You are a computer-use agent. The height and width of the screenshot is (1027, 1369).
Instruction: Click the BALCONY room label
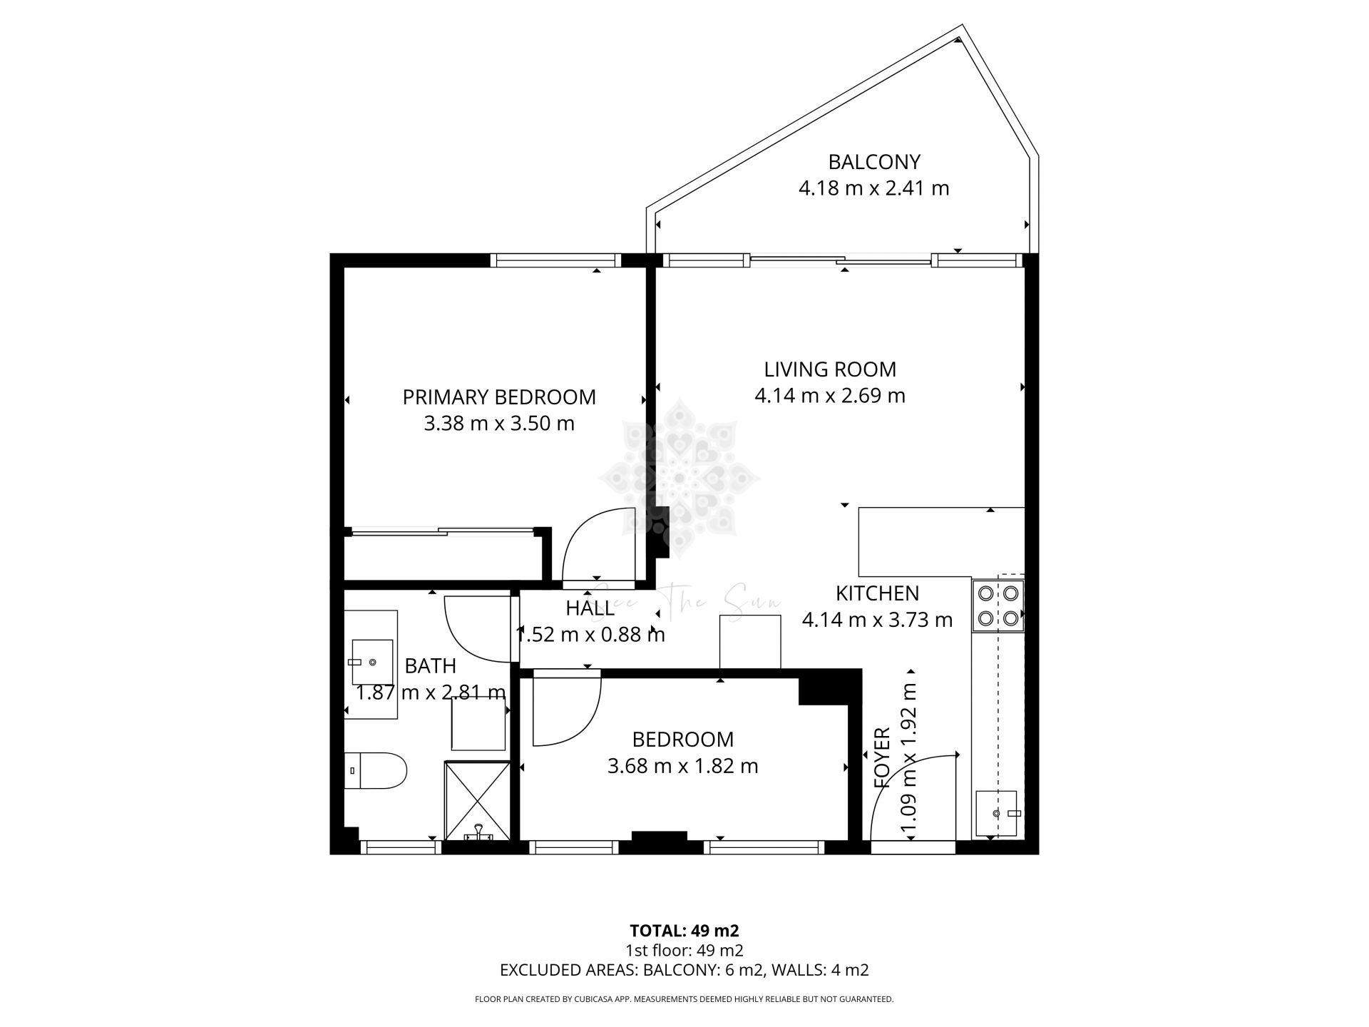pyautogui.click(x=874, y=162)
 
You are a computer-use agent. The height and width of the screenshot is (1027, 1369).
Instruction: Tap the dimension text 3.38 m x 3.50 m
pyautogui.click(x=499, y=424)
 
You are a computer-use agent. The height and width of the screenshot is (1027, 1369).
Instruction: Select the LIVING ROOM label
pyautogui.click(x=830, y=369)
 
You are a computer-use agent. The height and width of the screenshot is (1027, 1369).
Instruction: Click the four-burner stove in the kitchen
pyautogui.click(x=998, y=606)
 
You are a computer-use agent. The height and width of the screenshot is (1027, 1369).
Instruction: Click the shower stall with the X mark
pyautogui.click(x=478, y=801)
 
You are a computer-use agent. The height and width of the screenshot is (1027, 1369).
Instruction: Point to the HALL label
pyautogui.click(x=590, y=608)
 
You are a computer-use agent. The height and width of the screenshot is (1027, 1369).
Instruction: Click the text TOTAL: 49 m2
pyautogui.click(x=684, y=931)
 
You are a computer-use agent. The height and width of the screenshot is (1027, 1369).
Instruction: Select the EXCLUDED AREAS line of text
pyautogui.click(x=684, y=970)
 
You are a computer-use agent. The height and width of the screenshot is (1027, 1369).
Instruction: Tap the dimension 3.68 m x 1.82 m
pyautogui.click(x=682, y=767)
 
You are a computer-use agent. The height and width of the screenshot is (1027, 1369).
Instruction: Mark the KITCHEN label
pyautogui.click(x=877, y=593)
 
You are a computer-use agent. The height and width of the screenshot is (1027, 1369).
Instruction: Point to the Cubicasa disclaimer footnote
pyautogui.click(x=684, y=999)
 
